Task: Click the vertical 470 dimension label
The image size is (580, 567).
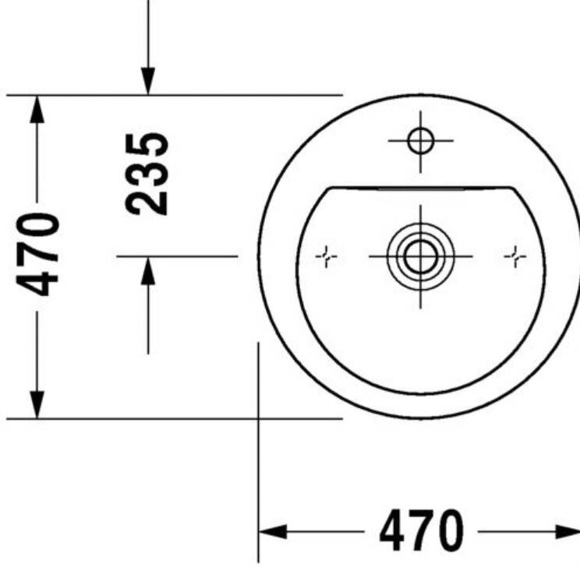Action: pyautogui.click(x=37, y=255)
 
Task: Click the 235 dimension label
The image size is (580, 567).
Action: pyautogui.click(x=147, y=174)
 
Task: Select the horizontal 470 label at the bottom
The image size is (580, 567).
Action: pyautogui.click(x=421, y=530)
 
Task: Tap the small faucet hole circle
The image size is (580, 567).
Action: pyautogui.click(x=420, y=140)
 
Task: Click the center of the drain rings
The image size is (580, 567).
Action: pyautogui.click(x=420, y=256)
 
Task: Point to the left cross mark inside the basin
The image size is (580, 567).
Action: pyautogui.click(x=326, y=256)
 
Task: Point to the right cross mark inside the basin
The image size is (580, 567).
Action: pyautogui.click(x=515, y=256)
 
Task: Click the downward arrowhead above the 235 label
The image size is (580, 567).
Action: pyautogui.click(x=148, y=81)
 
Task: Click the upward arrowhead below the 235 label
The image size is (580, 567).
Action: pyautogui.click(x=148, y=270)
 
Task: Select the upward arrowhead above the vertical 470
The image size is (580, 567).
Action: pyautogui.click(x=37, y=109)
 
